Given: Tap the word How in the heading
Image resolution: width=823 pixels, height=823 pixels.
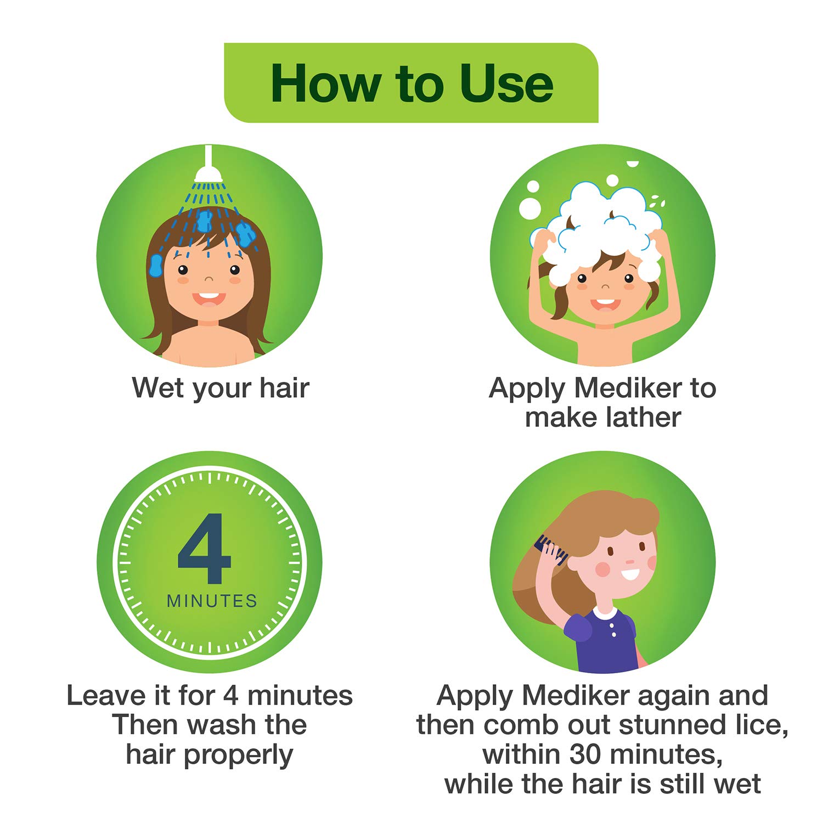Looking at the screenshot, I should (x=325, y=84).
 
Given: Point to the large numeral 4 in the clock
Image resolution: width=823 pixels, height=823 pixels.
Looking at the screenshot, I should (x=205, y=549).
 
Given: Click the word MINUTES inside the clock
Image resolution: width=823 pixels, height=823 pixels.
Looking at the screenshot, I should (x=212, y=601).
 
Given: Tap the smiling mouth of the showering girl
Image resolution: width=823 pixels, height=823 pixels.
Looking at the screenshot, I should (x=208, y=298).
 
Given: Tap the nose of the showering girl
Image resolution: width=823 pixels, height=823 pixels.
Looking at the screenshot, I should (x=208, y=279).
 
